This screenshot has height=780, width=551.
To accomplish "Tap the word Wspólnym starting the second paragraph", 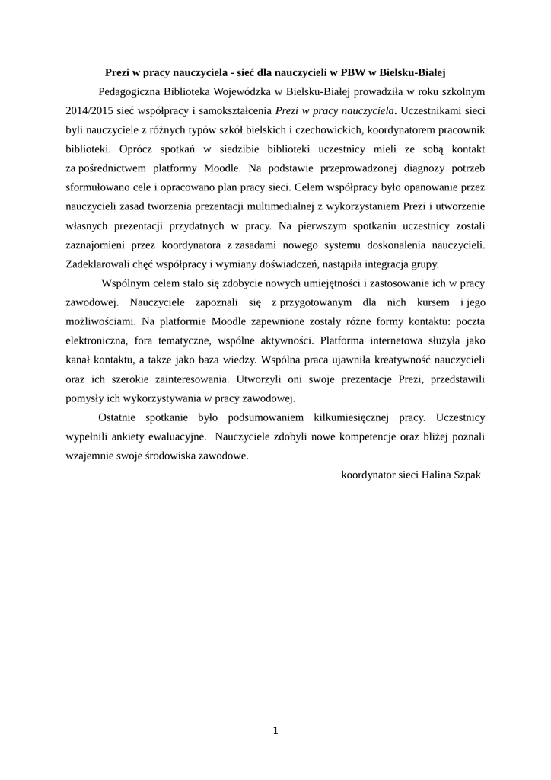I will pyautogui.click(x=129, y=283).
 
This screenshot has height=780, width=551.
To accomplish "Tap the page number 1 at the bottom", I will pyautogui.click(x=275, y=731).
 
